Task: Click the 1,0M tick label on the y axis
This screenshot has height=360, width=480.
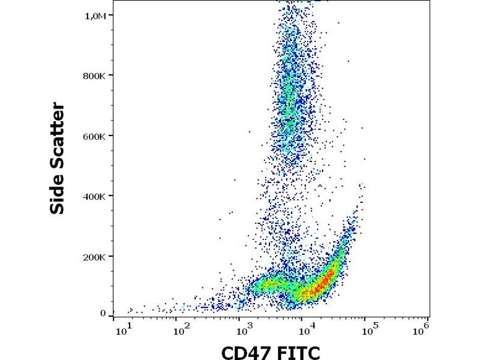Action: [x=94, y=16]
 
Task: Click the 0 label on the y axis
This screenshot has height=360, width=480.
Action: [x=103, y=313]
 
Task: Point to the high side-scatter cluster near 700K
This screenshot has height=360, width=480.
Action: [x=292, y=102]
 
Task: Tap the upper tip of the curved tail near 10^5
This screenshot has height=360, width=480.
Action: [x=362, y=186]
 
